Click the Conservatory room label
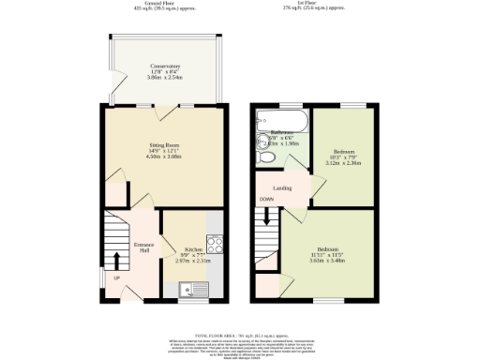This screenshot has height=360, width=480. click(166, 66)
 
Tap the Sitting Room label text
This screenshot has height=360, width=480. click(166, 146)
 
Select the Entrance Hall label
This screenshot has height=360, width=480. click(143, 245)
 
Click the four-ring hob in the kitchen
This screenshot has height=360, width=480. click(214, 245)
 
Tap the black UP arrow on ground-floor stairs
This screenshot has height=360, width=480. click(116, 260)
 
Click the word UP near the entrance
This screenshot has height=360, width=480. click(115, 278)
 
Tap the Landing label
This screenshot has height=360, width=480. click(281, 187)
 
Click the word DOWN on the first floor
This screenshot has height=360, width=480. click(267, 200)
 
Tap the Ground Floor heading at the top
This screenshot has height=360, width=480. click(165, 3)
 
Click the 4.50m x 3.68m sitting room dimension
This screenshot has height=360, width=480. click(166, 157)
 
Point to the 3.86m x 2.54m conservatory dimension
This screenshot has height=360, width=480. click(166, 77)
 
